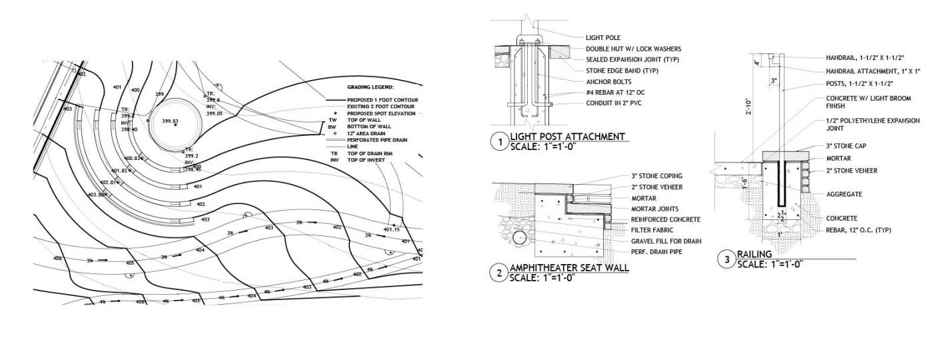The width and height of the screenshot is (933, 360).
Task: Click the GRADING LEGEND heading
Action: pyautogui.click(x=371, y=87)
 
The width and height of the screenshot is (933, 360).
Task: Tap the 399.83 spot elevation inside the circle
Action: pyautogui.click(x=170, y=121)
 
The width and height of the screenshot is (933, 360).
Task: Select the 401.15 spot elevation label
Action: pyautogui.click(x=393, y=230)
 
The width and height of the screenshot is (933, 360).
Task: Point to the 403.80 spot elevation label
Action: pyautogui.click(x=97, y=195)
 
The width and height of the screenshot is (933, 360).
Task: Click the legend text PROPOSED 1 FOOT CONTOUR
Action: pyautogui.click(x=381, y=100)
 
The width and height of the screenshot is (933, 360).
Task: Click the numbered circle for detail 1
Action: pyautogui.click(x=498, y=141)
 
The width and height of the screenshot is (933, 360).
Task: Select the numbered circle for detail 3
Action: pyautogui.click(x=726, y=259)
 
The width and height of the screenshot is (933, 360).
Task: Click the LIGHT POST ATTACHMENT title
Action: pyautogui.click(x=567, y=137)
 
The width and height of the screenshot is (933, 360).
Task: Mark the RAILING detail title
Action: pyautogui.click(x=754, y=254)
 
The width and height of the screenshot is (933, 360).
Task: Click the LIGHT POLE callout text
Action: pyautogui.click(x=603, y=38)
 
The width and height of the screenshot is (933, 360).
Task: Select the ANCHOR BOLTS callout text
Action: pyautogui.click(x=607, y=81)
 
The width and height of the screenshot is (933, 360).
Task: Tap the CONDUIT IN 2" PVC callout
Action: pyautogui.click(x=614, y=102)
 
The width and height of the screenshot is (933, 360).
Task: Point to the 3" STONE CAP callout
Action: pyautogui.click(x=846, y=146)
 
